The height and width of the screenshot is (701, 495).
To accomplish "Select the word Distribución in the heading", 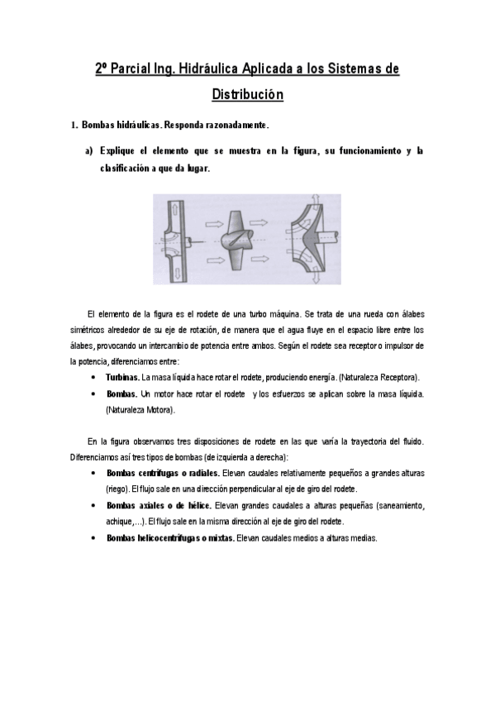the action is click(x=247, y=94).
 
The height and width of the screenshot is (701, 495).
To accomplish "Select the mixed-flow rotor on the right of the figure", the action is click(x=314, y=240).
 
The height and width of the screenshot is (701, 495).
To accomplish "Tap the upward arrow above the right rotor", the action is click(x=315, y=202).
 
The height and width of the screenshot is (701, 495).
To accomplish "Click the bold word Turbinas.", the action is click(x=122, y=377).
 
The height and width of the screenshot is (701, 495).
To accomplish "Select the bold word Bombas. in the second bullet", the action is click(x=121, y=393).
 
